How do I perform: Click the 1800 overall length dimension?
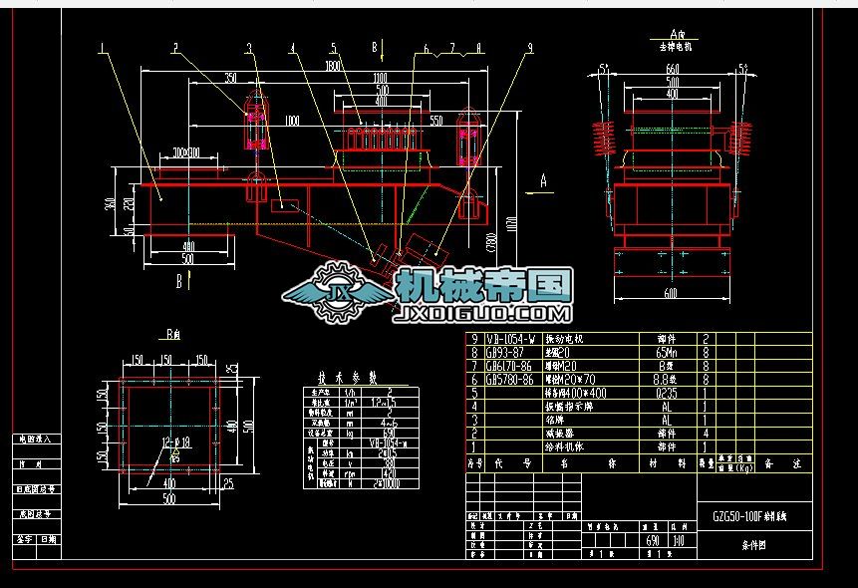pyautogui.click(x=333, y=67)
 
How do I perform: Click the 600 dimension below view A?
pyautogui.click(x=670, y=293)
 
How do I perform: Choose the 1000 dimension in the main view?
pyautogui.click(x=291, y=122)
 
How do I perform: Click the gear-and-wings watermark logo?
pyautogui.click(x=339, y=292)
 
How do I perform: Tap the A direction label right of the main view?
pyautogui.click(x=543, y=180)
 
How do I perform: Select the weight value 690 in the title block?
pyautogui.click(x=653, y=540)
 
